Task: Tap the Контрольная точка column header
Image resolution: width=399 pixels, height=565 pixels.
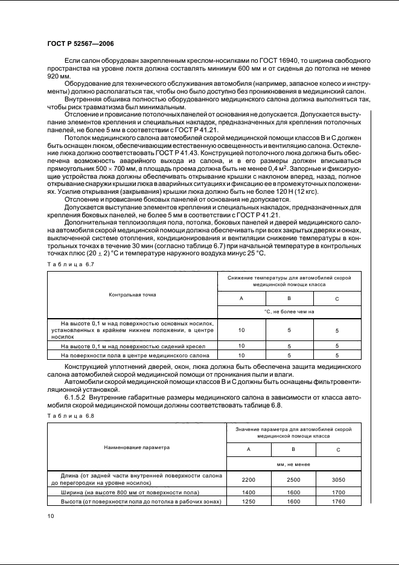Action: coord(132,295)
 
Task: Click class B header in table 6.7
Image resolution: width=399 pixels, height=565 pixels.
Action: coord(289,298)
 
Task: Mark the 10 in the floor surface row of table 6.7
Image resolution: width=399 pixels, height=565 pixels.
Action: coord(241,356)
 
